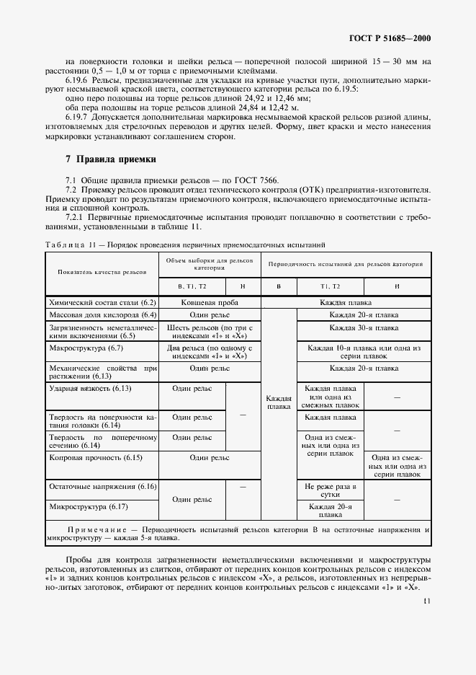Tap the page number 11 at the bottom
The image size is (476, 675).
coord(427,600)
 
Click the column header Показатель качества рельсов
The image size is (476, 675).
coord(102,272)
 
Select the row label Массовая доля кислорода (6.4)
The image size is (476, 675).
coord(102,315)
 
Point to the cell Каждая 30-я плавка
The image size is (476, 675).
coord(364,327)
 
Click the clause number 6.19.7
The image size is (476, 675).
coord(78,116)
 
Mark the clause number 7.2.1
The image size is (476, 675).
coord(76,217)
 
